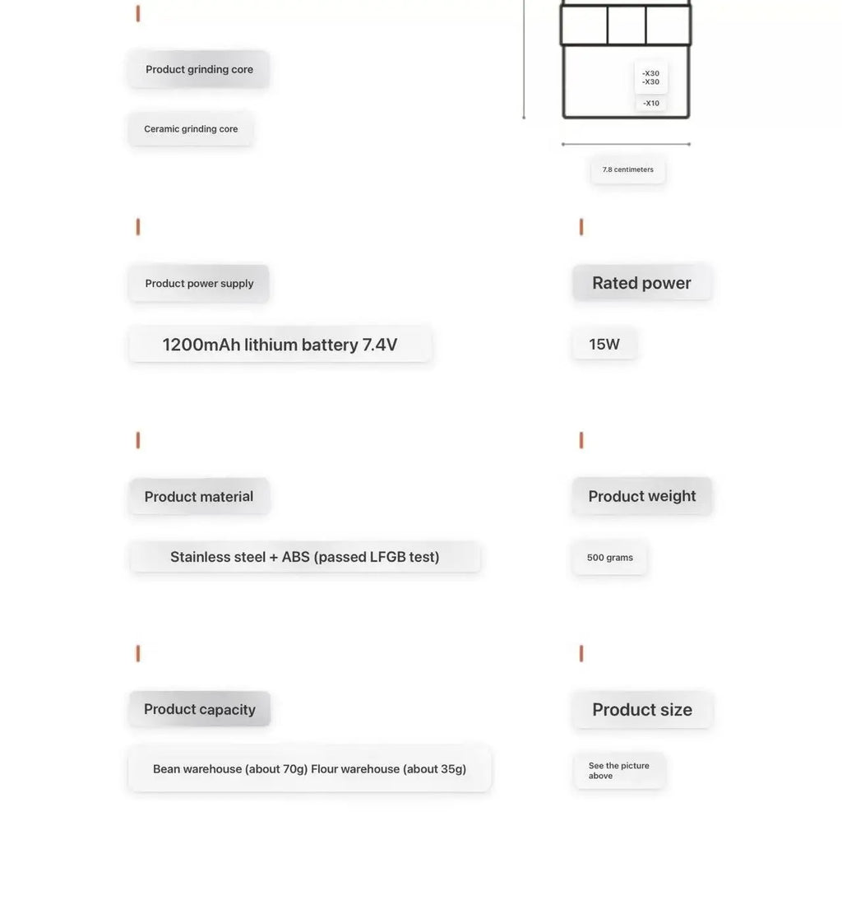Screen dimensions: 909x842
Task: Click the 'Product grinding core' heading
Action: [x=199, y=69]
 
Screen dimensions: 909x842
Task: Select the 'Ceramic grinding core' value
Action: [x=191, y=129]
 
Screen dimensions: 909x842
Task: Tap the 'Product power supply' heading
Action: [x=199, y=283]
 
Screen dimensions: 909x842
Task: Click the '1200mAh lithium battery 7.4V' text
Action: [x=280, y=345]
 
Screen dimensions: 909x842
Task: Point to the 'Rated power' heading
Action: [x=641, y=283]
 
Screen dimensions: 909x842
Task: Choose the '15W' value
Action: [x=604, y=345]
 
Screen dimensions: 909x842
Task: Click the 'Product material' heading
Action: [x=199, y=497]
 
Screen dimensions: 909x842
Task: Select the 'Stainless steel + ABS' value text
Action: [x=304, y=557]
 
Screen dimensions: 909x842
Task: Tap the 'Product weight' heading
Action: [x=641, y=496]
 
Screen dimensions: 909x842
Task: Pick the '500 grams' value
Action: [x=610, y=558]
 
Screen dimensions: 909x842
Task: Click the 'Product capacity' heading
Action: [x=200, y=709]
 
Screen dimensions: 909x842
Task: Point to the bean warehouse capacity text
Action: [x=230, y=769]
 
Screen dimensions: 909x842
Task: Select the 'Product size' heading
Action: [x=642, y=710]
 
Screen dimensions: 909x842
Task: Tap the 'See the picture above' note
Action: [x=618, y=771]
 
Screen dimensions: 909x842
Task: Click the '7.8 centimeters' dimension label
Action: [x=628, y=169]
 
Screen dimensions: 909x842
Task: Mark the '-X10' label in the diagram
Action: [x=651, y=104]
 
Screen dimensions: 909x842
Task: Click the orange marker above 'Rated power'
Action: [x=581, y=227]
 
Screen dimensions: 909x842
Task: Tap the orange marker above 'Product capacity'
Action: [x=138, y=654]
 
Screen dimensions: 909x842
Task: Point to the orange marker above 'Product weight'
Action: [x=581, y=440]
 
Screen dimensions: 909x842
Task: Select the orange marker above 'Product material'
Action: [x=138, y=440]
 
